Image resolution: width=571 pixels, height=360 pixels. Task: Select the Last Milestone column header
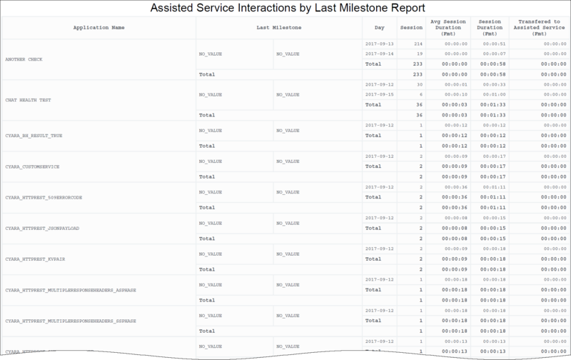pos(278,28)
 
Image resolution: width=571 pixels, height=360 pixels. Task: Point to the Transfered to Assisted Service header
pos(540,28)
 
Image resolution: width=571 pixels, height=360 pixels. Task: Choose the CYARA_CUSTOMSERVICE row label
pos(31,166)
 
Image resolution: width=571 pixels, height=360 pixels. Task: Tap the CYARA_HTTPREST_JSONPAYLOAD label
pos(41,228)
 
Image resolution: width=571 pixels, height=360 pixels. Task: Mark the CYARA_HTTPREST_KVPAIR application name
pos(36,259)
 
